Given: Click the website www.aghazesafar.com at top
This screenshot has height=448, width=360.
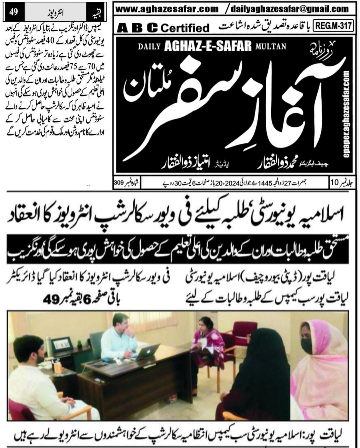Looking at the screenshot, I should (167, 9).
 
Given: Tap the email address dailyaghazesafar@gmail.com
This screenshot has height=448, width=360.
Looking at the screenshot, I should (291, 9).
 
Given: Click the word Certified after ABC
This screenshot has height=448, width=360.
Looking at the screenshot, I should (185, 28).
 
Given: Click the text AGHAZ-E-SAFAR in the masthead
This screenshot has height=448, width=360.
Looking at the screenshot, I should (208, 47).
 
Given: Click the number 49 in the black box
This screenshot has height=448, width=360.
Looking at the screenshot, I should (13, 13).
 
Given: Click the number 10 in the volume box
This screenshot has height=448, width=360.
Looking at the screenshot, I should (335, 182).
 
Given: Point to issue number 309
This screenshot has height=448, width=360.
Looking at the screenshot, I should (119, 183).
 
